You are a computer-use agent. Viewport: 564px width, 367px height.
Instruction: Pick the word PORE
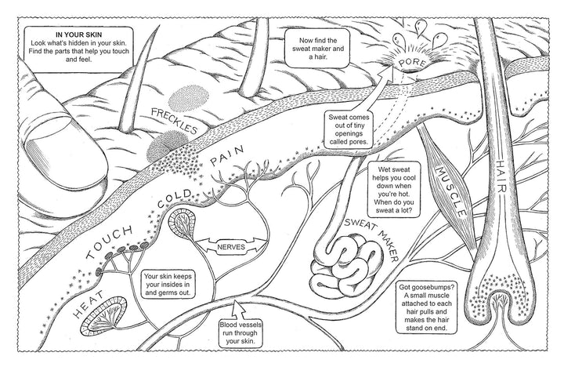pyautogui.click(x=409, y=63)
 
